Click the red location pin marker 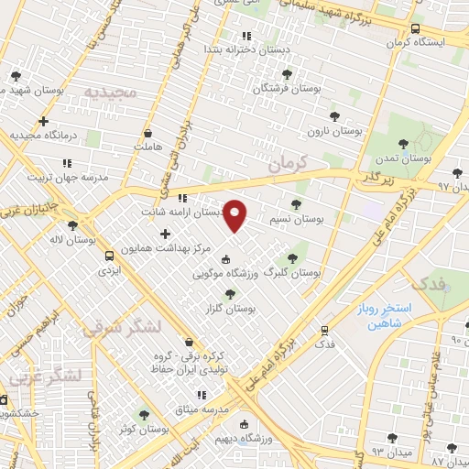[235, 215]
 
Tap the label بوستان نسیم [299, 220]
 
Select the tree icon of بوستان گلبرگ [292, 258]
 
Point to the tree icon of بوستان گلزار [229, 294]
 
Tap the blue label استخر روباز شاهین [385, 317]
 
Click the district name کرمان [289, 165]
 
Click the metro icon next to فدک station [324, 330]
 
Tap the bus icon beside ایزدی [110, 256]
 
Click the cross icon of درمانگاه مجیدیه [42, 121]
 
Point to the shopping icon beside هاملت [147, 133]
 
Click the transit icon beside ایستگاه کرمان [415, 28]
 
